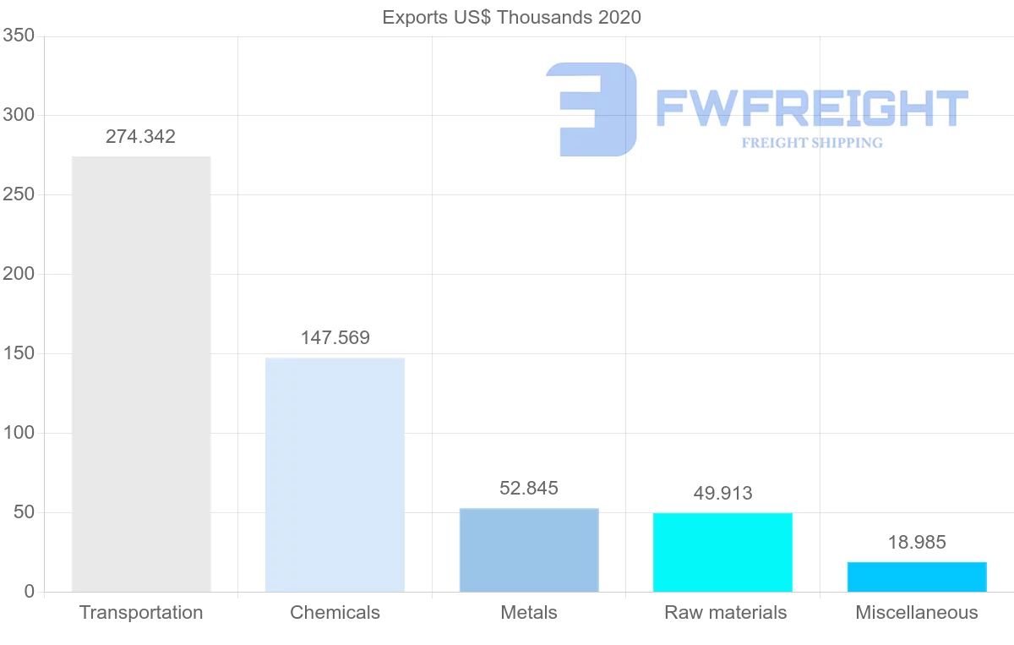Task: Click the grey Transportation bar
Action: [141, 374]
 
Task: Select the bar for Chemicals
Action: [335, 474]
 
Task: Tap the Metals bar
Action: [529, 549]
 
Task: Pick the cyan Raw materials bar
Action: [722, 552]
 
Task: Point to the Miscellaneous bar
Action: [917, 577]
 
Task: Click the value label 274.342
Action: [140, 137]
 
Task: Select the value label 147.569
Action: [335, 338]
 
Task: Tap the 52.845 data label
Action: [529, 489]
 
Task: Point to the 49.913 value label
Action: [722, 493]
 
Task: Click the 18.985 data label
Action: [917, 543]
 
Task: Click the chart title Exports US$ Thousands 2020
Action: [512, 17]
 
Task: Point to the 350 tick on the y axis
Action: [18, 36]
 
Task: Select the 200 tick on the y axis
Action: [18, 274]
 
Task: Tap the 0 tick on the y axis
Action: [30, 592]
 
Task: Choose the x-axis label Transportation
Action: [141, 613]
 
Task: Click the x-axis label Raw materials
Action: [725, 613]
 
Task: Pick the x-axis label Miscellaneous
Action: [917, 613]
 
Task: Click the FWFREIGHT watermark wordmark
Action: [811, 109]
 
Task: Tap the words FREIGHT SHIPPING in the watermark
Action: [812, 143]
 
